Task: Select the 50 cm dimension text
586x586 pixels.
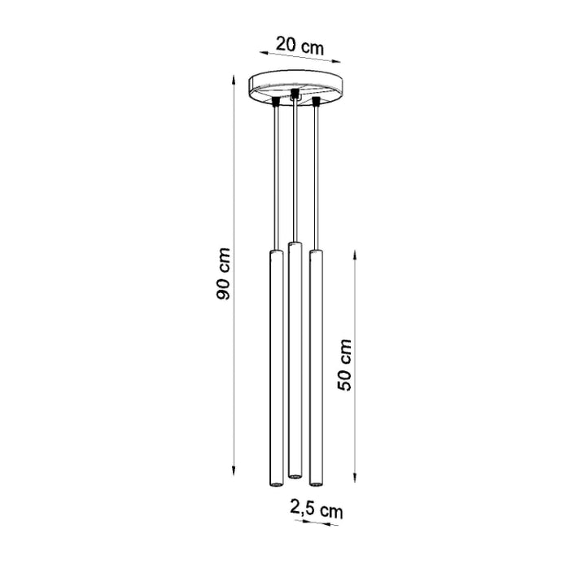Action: [x=345, y=365]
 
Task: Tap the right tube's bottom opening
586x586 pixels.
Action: [x=315, y=483]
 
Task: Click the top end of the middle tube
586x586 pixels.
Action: [x=295, y=244]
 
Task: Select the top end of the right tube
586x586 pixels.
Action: [x=315, y=254]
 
